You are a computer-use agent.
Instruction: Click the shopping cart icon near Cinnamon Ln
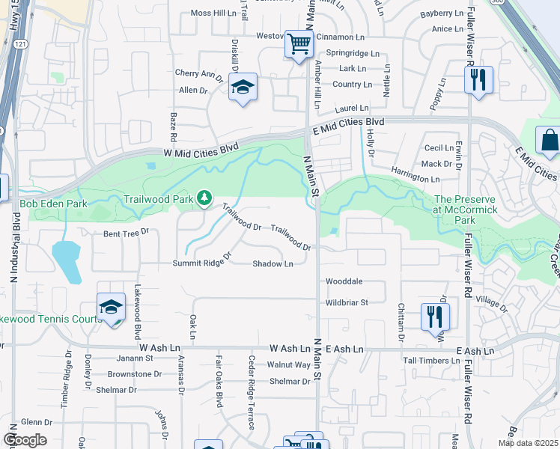pos(298,45)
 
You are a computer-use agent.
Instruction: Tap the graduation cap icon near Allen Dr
pos(243,88)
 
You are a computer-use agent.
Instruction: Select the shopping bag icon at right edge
pos(549,140)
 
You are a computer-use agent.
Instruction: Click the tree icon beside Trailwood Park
pos(203,198)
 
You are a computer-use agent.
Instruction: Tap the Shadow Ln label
pos(273,263)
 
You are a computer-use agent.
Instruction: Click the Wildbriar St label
pos(347,302)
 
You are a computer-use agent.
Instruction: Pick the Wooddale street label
pos(344,281)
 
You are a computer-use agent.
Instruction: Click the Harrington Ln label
pos(415,180)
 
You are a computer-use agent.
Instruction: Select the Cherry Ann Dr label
pos(198,74)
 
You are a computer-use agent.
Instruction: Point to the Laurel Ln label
pos(352,109)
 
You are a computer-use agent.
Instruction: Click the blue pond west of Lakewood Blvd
pos(67,261)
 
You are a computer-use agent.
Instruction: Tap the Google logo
pos(25,440)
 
